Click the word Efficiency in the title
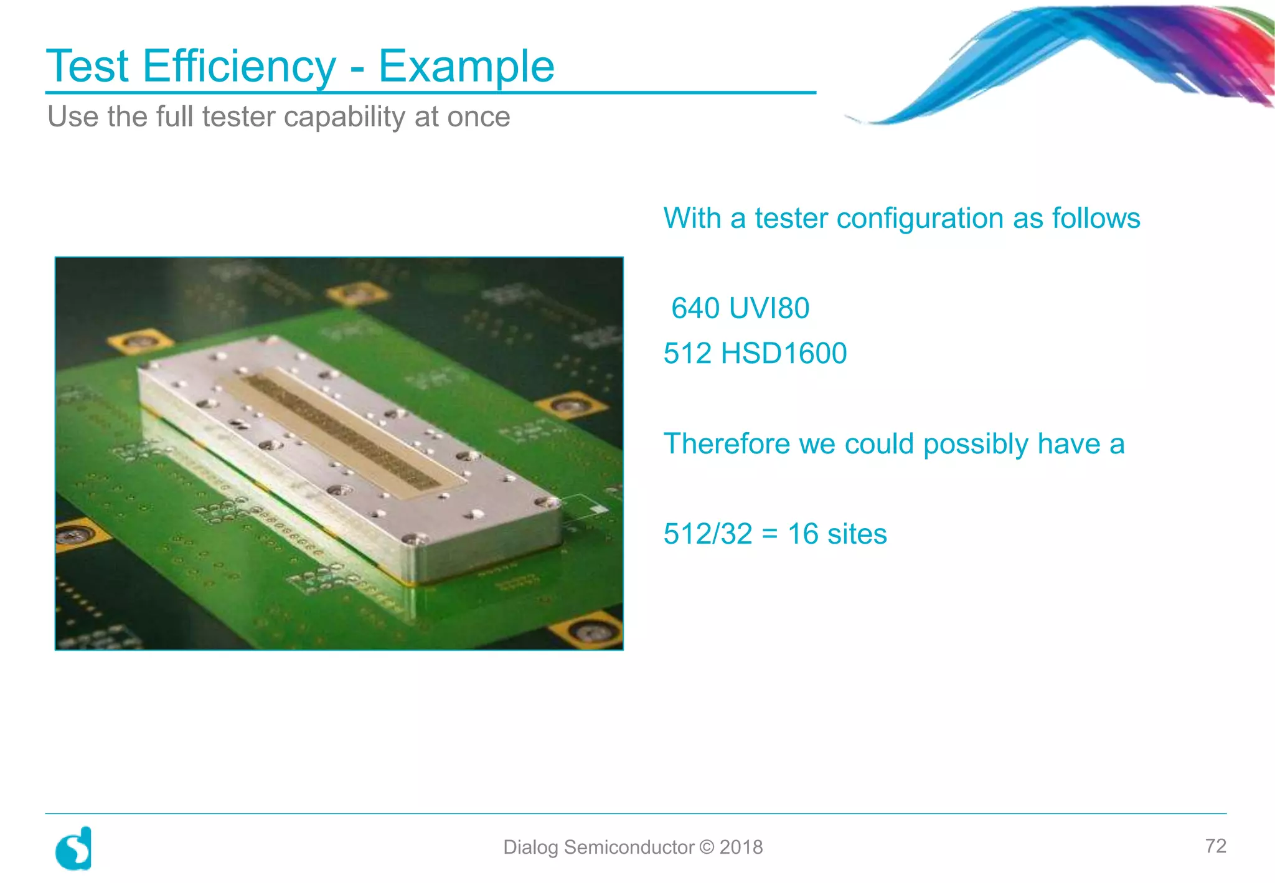pos(239,66)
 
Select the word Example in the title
pos(466,66)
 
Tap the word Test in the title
pos(87,66)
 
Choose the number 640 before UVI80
pos(695,308)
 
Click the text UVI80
pos(769,308)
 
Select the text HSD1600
pos(783,354)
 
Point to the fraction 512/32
pos(708,534)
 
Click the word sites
pos(858,534)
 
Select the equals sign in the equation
pos(770,534)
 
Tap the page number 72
pos(1215,846)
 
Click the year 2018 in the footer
pos(741,848)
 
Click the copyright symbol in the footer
pos(707,848)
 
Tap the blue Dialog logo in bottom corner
pos(74,848)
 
